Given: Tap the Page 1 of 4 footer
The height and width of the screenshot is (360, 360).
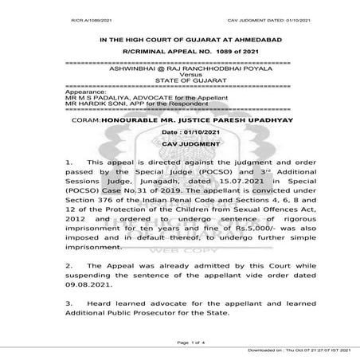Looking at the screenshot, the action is pyautogui.click(x=179, y=342).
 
